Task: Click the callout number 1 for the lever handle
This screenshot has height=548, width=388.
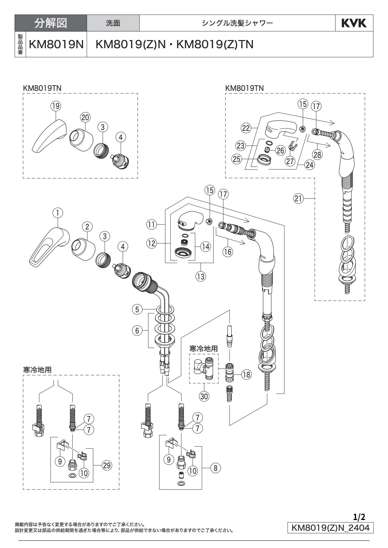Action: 57,213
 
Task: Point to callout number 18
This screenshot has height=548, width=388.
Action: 247,374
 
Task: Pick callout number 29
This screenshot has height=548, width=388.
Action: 106,466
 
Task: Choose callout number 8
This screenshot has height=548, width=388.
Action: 215,469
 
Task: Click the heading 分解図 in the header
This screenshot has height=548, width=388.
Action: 51,23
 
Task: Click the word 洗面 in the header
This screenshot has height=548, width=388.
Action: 113,23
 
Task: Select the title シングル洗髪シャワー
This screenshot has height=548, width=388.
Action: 237,23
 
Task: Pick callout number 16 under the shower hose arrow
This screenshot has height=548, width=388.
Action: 228,252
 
